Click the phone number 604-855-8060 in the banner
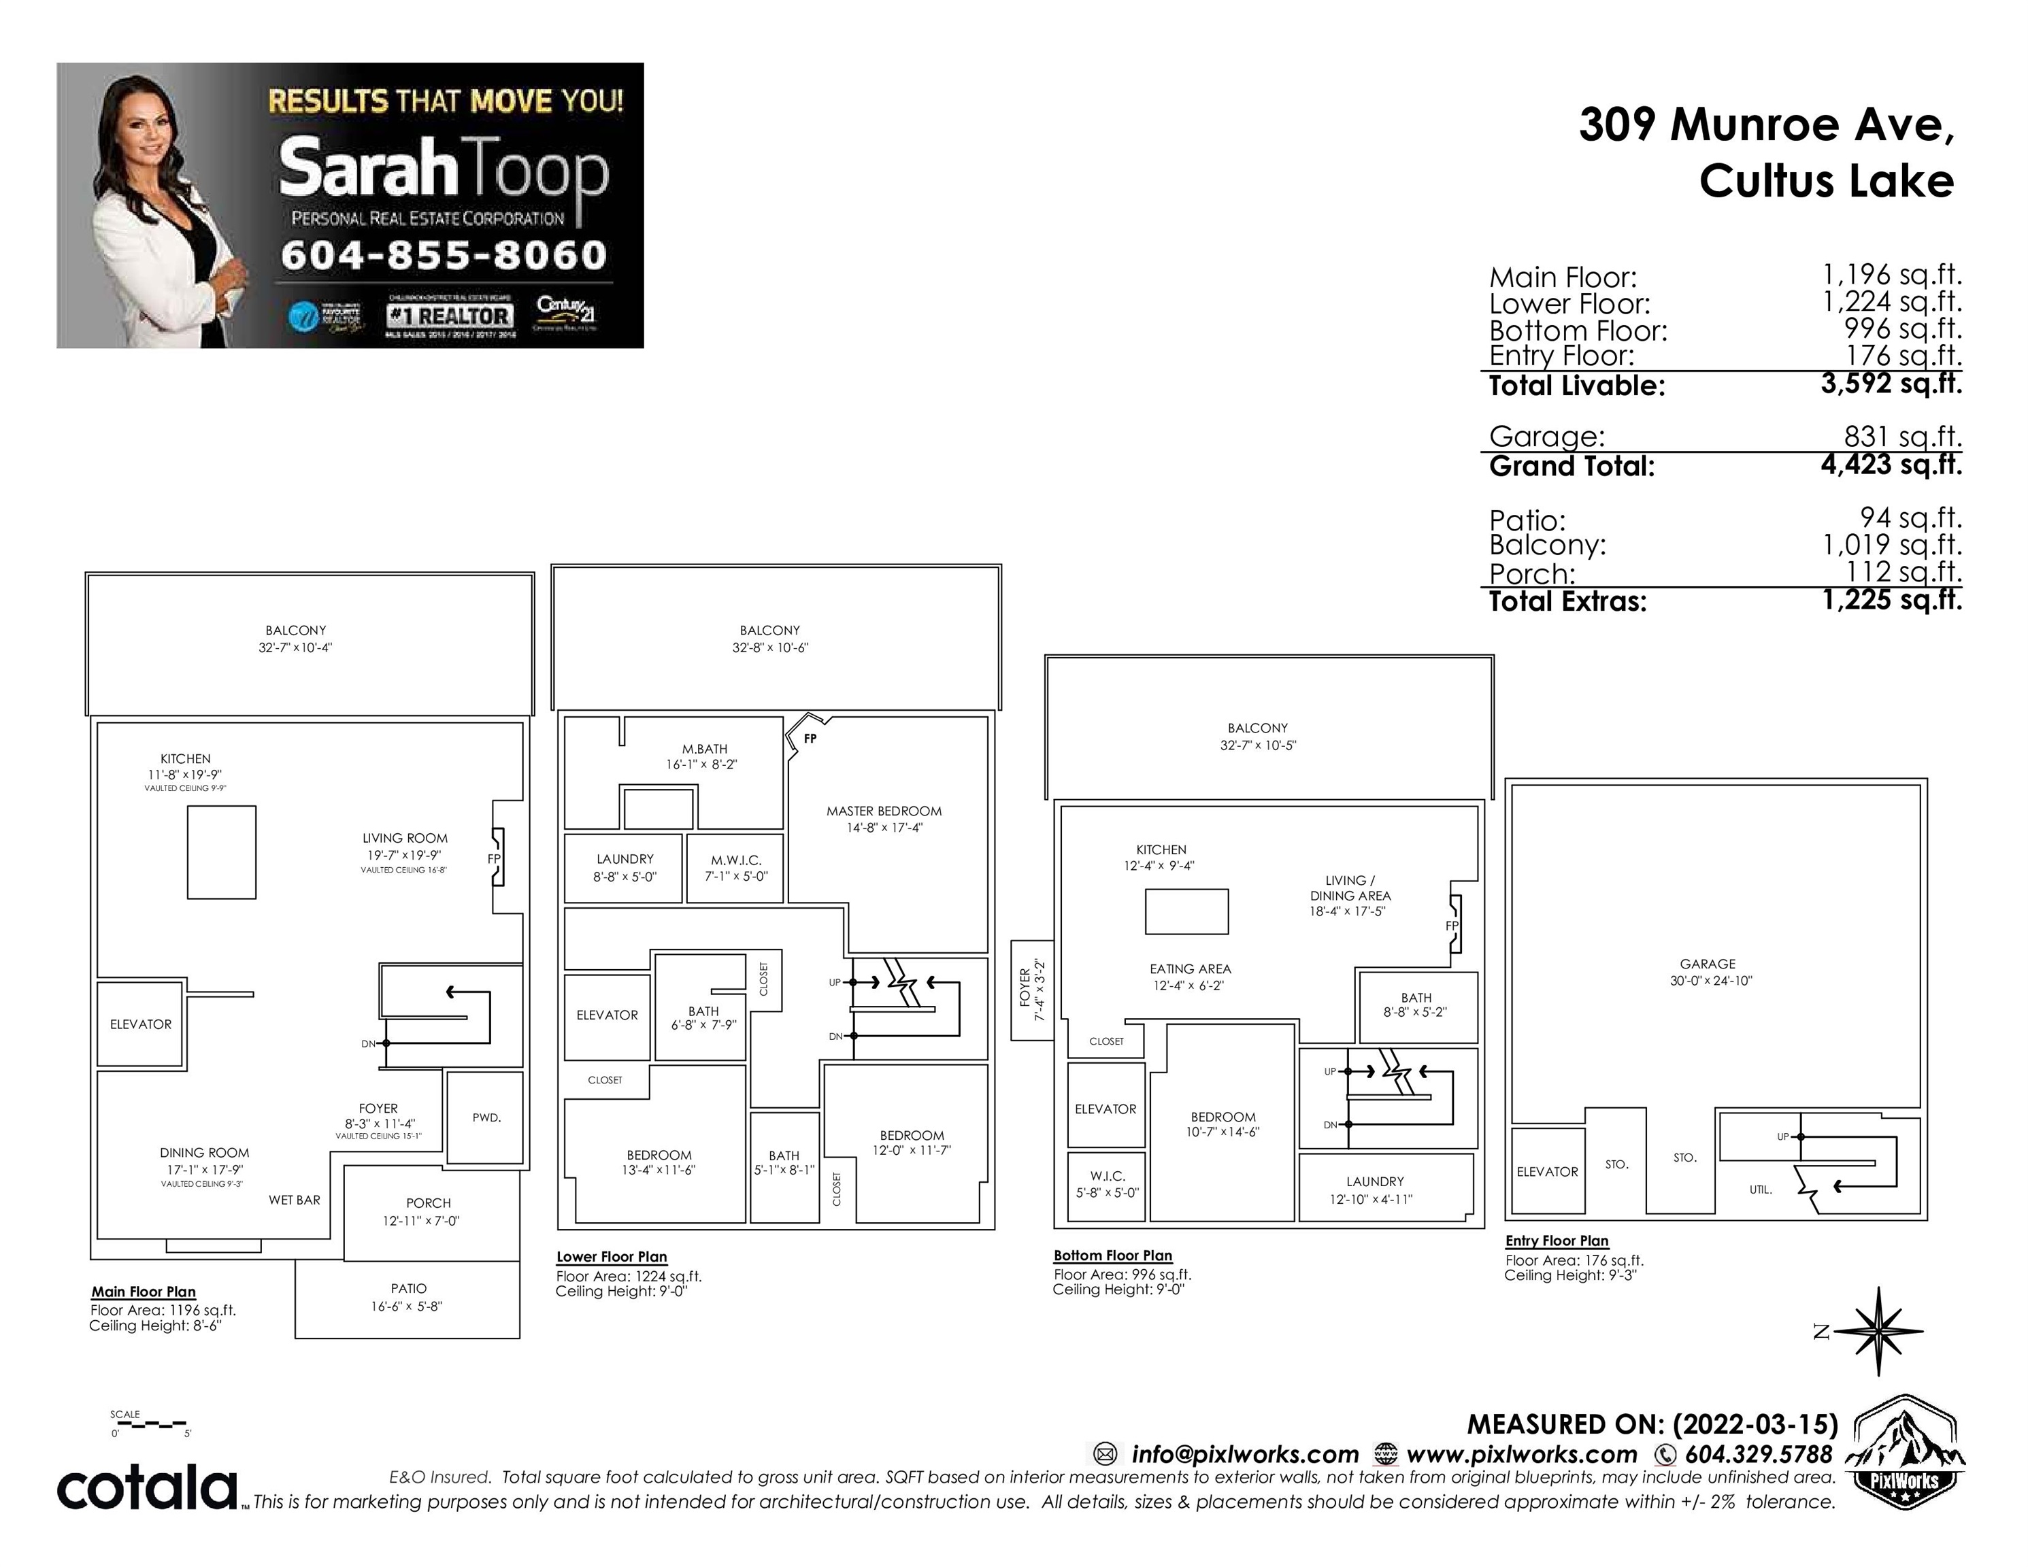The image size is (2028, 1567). coord(443,254)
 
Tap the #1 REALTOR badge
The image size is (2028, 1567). coord(450,316)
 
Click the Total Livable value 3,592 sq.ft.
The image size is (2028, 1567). coord(1891,384)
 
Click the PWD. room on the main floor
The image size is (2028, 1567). coord(486,1117)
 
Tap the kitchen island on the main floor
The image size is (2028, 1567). coord(221,852)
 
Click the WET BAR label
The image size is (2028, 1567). coord(295,1200)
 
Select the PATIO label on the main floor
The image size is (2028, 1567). coord(409,1289)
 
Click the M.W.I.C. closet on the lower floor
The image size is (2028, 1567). coord(735,868)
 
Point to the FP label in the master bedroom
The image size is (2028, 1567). coord(810,739)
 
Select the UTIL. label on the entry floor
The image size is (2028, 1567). coord(1761,1189)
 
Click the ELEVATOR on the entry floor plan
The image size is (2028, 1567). coord(1547,1172)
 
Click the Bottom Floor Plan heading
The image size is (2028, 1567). coord(1112,1255)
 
